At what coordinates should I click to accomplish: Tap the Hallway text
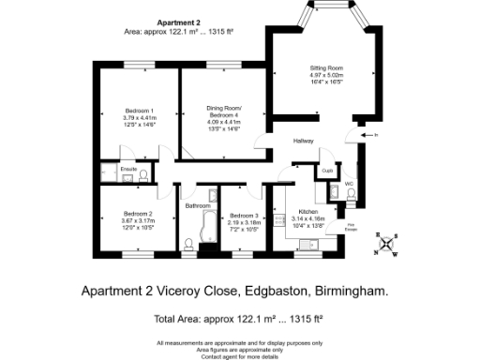coord(302,142)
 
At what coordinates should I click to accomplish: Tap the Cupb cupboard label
coord(327,171)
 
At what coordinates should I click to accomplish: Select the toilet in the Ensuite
coord(143,175)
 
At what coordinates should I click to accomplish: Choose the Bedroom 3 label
coord(244,216)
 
